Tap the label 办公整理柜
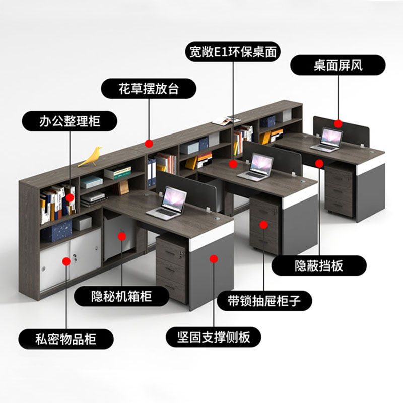pyautogui.click(x=70, y=121)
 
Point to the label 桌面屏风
pyautogui.click(x=339, y=65)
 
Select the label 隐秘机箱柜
pyautogui.click(x=121, y=295)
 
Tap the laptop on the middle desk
pyautogui.click(x=258, y=167)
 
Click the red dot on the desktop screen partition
pyautogui.click(x=339, y=123)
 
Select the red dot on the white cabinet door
pyautogui.click(x=66, y=261)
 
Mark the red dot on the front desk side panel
pyautogui.click(x=214, y=259)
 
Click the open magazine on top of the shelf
pyautogui.click(x=226, y=120)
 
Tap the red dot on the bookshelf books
pyautogui.click(x=70, y=198)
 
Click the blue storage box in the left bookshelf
pyautogui.click(x=56, y=233)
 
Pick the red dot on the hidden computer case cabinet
pyautogui.click(x=121, y=235)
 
